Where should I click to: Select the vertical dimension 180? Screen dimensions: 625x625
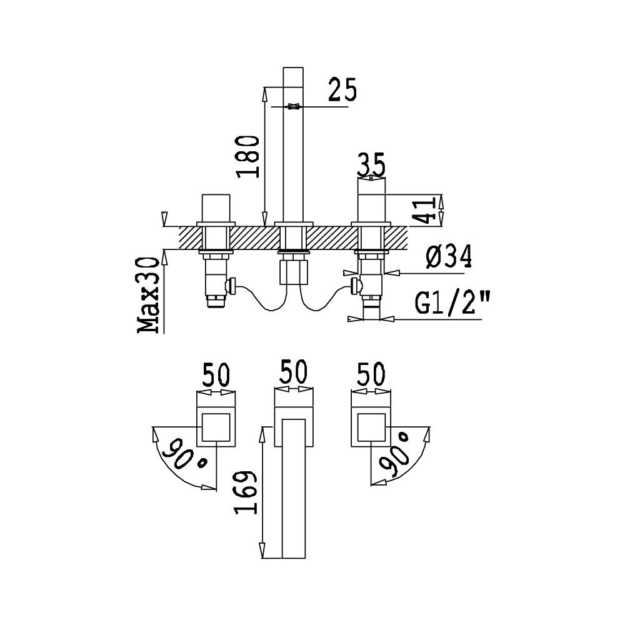coord(247,156)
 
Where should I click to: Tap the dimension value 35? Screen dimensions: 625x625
coord(371,164)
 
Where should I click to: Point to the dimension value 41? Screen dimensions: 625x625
coord(423,211)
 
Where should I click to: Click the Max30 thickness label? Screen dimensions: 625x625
coord(148,294)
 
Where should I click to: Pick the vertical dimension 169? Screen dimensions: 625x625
coord(246,492)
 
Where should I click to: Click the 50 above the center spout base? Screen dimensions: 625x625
coord(293,371)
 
